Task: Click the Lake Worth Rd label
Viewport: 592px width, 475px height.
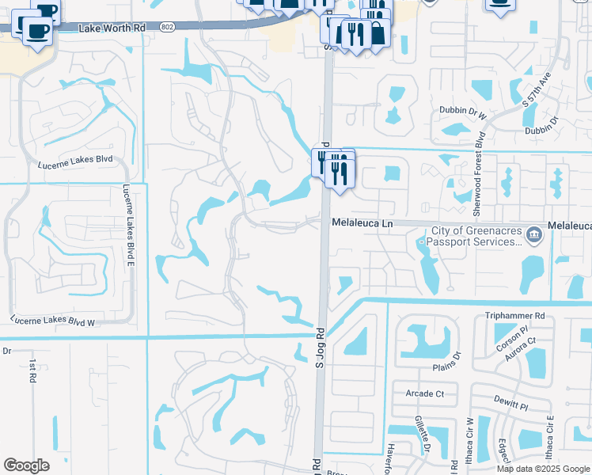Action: tap(112, 28)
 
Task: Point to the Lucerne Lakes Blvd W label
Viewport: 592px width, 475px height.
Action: tap(52, 321)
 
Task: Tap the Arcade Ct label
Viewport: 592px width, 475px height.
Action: tap(424, 393)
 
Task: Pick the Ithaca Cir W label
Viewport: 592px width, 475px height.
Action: tap(469, 452)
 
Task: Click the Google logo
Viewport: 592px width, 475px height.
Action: tap(26, 465)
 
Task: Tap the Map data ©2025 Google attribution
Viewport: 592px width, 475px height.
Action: tap(542, 469)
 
